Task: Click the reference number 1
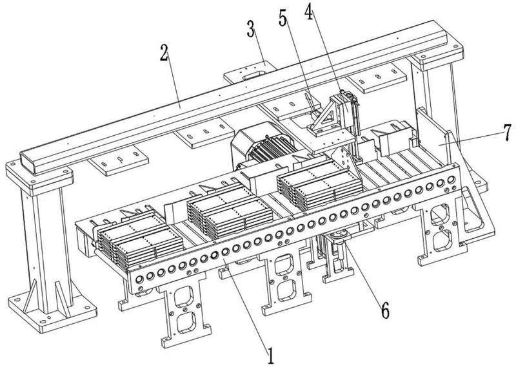pyautogui.click(x=272, y=353)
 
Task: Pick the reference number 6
pyautogui.click(x=384, y=309)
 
